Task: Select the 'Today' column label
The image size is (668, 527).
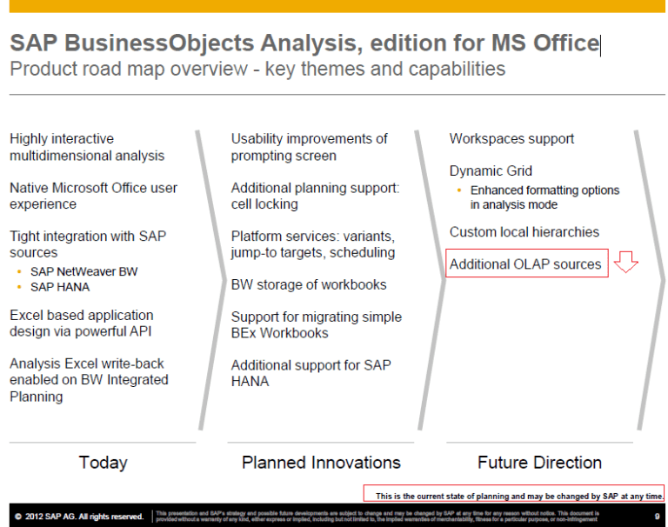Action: (103, 463)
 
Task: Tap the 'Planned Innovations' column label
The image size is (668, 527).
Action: (321, 463)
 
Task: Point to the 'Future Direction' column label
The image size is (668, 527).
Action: (539, 463)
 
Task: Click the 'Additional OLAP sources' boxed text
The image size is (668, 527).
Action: (525, 263)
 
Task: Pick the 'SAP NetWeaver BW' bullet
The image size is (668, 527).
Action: (83, 271)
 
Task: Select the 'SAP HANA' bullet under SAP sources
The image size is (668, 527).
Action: (60, 287)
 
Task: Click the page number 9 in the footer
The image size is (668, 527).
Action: (657, 517)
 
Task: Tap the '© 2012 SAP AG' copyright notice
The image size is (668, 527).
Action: (78, 517)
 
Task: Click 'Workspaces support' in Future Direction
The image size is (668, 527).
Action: (511, 139)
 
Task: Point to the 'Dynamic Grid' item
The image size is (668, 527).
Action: (491, 171)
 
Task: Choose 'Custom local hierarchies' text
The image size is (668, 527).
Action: (524, 232)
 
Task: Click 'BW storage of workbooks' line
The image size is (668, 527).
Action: (309, 284)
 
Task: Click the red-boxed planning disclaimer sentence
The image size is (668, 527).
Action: (518, 496)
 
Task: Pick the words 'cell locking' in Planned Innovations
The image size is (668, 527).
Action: (264, 204)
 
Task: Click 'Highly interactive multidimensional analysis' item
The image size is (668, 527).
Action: (87, 147)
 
